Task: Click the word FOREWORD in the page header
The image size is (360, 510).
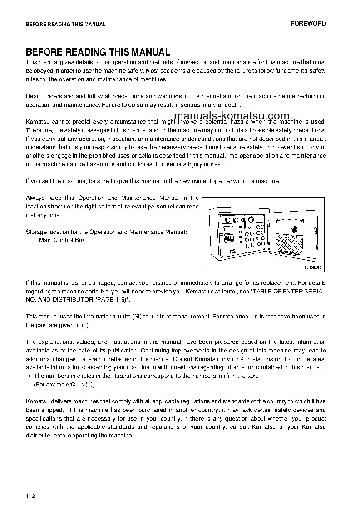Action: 308,24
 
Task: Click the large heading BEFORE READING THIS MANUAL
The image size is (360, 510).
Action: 98,52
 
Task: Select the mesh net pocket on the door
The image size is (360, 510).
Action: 291,246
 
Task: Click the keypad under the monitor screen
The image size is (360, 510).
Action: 229,238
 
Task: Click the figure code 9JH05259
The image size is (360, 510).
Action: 313,268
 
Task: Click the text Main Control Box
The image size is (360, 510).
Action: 62,240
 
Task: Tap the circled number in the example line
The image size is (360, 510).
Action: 73,384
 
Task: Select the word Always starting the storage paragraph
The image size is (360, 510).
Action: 35,198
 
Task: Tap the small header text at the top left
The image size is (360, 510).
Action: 65,25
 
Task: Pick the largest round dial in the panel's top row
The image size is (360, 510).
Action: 244,220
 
